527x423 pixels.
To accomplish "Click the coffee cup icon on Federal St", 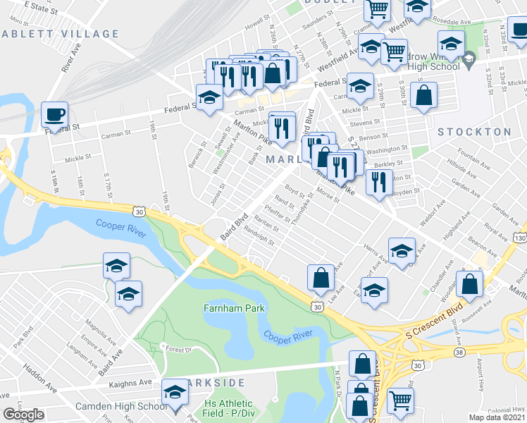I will click(54, 114).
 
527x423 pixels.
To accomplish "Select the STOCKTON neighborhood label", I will click(474, 132).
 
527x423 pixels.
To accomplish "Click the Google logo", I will click(23, 415).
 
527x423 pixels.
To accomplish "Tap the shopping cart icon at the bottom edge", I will click(400, 400).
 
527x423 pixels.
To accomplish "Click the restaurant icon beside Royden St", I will click(380, 183).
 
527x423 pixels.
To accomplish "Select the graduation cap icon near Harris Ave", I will click(402, 251).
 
